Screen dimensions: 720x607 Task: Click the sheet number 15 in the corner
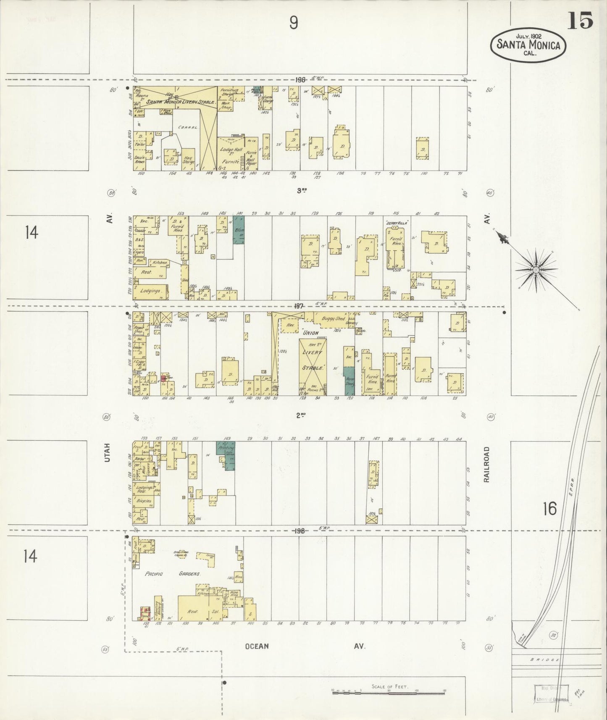(580, 20)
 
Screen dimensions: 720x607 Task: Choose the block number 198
(299, 531)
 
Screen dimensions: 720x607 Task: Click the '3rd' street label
(301, 190)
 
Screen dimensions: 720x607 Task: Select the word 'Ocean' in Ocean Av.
(257, 646)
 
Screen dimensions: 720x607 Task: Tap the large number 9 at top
(294, 23)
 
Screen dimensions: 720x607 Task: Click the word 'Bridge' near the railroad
(544, 660)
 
